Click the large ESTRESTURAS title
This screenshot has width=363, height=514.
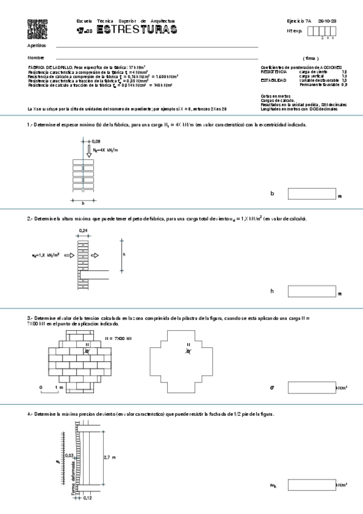pos(137,30)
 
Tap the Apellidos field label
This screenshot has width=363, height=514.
pos(36,45)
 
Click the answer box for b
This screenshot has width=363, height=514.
pos(311,194)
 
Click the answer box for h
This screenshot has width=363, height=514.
pos(311,291)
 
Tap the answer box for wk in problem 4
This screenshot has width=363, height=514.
pos(311,485)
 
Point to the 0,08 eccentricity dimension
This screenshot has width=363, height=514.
pos(96,141)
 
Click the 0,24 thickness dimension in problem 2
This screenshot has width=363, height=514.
pos(83,231)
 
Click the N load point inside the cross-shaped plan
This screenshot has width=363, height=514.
pos(188,351)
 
